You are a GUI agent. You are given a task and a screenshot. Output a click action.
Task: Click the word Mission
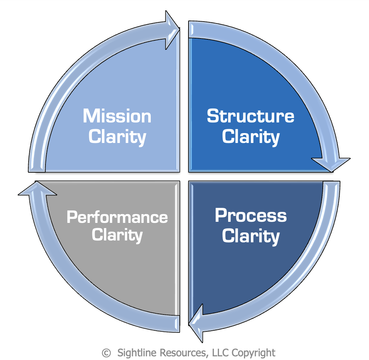[x=117, y=116]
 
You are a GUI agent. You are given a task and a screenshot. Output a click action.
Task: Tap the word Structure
[x=251, y=116]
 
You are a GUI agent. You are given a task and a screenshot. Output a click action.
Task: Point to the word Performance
[x=117, y=217]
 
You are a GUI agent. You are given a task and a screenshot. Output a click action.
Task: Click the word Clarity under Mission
[x=117, y=137]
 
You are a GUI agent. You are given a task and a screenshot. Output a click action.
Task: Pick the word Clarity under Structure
[x=251, y=137]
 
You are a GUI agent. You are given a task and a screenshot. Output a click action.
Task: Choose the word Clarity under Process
[x=251, y=236]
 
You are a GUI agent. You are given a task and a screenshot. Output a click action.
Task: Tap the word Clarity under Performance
[x=117, y=235]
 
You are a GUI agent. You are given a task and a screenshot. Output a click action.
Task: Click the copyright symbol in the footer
[x=106, y=353]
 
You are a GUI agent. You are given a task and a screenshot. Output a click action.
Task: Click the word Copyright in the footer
[x=254, y=353]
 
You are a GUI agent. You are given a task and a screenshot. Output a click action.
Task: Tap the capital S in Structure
[x=212, y=116]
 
